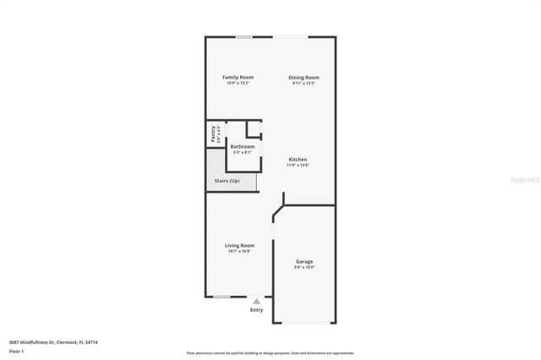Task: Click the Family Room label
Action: point(238,77)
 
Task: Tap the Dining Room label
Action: point(303,77)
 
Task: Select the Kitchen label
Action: point(298,159)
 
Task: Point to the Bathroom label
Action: point(243,146)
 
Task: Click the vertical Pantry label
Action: point(213,134)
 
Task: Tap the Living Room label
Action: point(239,245)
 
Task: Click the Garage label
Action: point(304,261)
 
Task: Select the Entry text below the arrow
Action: point(256,310)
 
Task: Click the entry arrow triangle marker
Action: point(256,300)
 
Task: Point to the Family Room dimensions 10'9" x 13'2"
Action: point(238,83)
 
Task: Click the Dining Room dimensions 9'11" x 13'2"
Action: point(303,83)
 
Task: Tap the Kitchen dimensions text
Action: point(298,165)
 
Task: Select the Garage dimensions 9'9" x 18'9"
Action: point(304,267)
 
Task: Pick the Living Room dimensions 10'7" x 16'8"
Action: point(239,251)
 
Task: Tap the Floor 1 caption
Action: point(16,351)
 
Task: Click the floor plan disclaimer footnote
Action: point(270,353)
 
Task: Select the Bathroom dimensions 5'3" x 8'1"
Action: point(243,152)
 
